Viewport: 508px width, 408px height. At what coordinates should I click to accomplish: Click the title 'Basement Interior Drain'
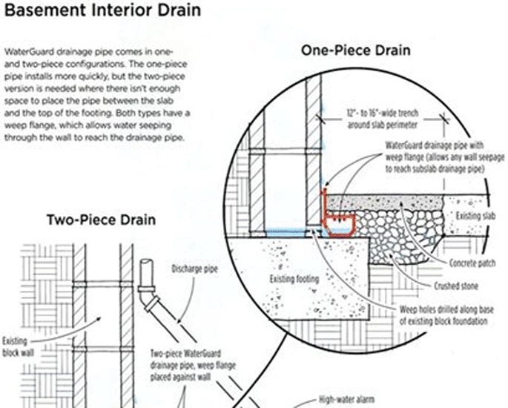[x=102, y=10]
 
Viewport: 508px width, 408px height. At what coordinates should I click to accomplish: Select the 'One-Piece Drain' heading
[x=356, y=50]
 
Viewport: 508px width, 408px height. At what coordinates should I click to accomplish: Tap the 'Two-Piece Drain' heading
[x=101, y=220]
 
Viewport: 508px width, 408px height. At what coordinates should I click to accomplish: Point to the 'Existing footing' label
[x=294, y=279]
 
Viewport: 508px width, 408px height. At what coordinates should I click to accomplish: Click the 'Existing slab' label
[x=475, y=216]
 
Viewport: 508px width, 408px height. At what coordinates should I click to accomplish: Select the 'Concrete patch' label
[x=472, y=263]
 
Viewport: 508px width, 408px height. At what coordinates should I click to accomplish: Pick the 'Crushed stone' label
[x=456, y=286]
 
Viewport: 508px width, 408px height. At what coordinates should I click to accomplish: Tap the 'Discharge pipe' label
[x=194, y=269]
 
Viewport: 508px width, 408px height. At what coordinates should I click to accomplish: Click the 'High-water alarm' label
[x=346, y=399]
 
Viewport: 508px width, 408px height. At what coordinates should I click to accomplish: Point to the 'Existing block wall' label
[x=18, y=346]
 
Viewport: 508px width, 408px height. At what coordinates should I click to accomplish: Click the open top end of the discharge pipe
[x=146, y=262]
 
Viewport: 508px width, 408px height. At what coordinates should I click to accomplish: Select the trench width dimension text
[x=383, y=119]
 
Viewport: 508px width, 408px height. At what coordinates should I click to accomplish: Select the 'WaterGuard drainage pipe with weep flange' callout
[x=445, y=157]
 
